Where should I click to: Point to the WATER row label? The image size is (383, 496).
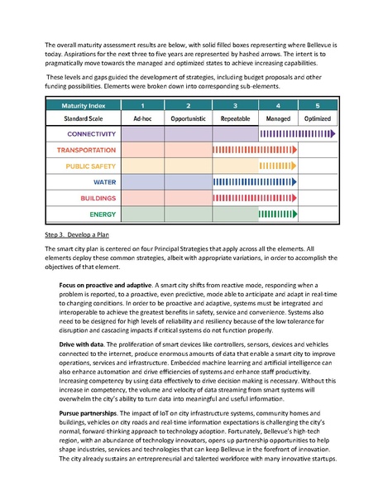tap(104, 181)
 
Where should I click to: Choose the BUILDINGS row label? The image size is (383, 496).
tap(98, 198)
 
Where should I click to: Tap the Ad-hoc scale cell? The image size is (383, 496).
tap(141, 118)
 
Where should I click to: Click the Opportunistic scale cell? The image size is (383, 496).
tap(188, 118)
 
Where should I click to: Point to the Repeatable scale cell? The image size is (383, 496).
tap(235, 118)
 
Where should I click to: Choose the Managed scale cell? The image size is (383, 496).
tap(281, 118)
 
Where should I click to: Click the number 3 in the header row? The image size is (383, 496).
tap(235, 105)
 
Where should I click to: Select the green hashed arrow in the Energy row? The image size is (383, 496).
tap(282, 214)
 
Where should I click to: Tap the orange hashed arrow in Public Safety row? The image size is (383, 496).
tap(282, 166)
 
